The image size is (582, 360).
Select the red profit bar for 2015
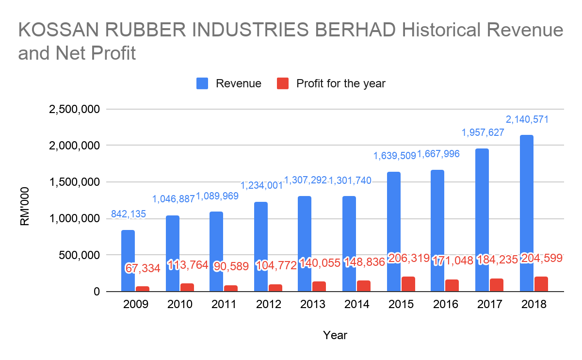(x=408, y=284)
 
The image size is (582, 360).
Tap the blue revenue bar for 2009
(x=128, y=261)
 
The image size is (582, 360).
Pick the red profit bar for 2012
(x=275, y=288)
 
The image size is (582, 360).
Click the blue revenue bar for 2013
(x=305, y=244)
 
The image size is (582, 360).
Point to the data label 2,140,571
(x=527, y=119)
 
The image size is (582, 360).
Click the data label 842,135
(x=129, y=214)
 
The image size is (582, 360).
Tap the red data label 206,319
(x=408, y=258)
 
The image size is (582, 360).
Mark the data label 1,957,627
(x=483, y=132)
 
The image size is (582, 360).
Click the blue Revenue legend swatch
(x=202, y=83)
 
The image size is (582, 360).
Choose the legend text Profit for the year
(x=340, y=83)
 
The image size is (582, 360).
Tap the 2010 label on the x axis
(x=180, y=305)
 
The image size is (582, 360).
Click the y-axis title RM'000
(x=25, y=206)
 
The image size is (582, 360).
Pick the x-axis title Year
(x=335, y=335)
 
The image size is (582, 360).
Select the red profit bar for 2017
(x=497, y=285)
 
